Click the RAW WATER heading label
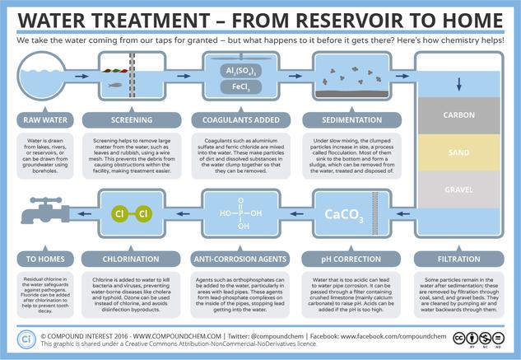[44, 119]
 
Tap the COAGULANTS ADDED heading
[234, 119]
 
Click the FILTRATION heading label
[458, 258]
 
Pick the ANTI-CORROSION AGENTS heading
[234, 258]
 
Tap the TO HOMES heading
[44, 258]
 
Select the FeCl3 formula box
[233, 86]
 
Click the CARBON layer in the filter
[458, 115]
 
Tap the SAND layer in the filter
[458, 153]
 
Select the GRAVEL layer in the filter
[458, 189]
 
